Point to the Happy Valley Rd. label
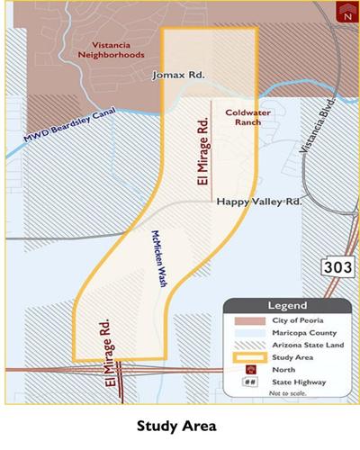(258, 202)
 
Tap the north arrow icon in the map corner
(345, 13)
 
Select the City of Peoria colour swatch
(247, 320)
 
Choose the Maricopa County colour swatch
(247, 332)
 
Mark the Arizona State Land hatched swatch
(247, 345)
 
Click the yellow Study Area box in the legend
(247, 356)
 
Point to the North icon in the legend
(247, 369)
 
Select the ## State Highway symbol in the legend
(247, 382)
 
